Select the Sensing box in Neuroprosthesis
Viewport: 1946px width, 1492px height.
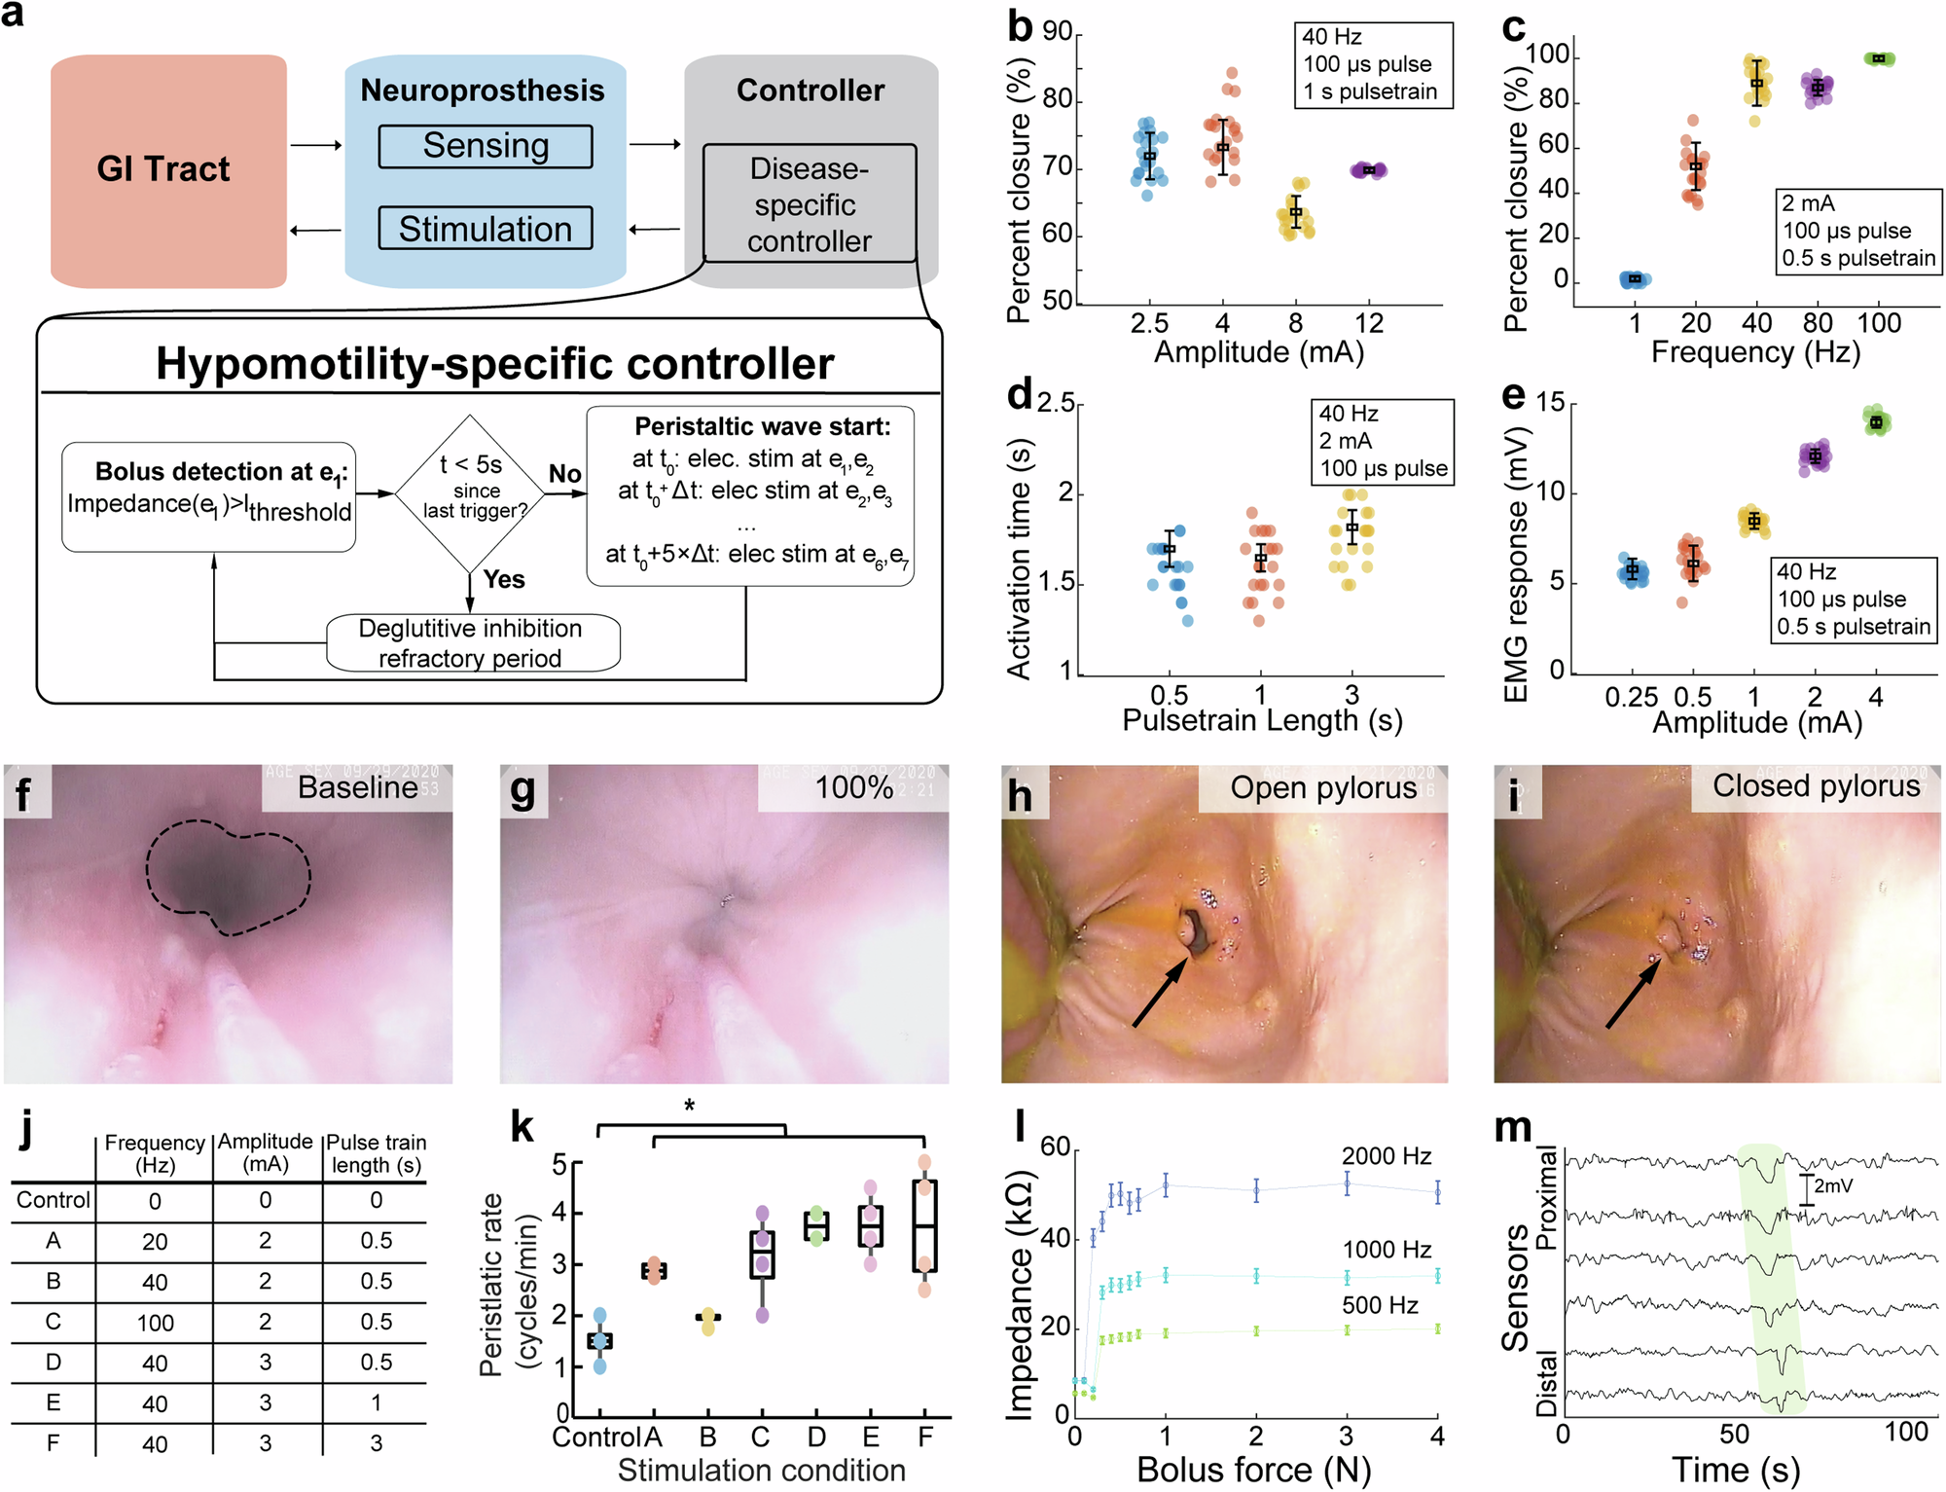coord(485,146)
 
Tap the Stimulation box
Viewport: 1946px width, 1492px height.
coord(485,229)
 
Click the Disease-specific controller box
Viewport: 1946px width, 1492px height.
coord(809,204)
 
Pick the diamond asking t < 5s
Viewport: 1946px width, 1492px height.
coord(471,492)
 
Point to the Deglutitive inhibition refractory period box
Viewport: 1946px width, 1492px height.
coord(472,642)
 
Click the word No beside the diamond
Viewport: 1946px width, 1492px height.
coord(564,474)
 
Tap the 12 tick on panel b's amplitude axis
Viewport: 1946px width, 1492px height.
coord(1368,323)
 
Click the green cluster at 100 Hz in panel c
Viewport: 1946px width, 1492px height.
coord(1879,58)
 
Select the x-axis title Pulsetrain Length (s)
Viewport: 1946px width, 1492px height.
coord(1262,720)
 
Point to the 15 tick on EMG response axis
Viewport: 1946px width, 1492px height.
coord(1550,403)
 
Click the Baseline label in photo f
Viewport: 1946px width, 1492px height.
coord(357,787)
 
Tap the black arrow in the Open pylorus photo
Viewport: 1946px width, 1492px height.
coord(1160,993)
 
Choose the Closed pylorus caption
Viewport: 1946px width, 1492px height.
coord(1816,785)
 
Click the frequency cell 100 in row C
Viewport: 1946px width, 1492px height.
coord(155,1323)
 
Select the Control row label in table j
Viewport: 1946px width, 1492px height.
coord(53,1200)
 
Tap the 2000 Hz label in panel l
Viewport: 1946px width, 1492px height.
coord(1386,1156)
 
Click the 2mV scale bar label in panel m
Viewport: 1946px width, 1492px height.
coord(1833,1185)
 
